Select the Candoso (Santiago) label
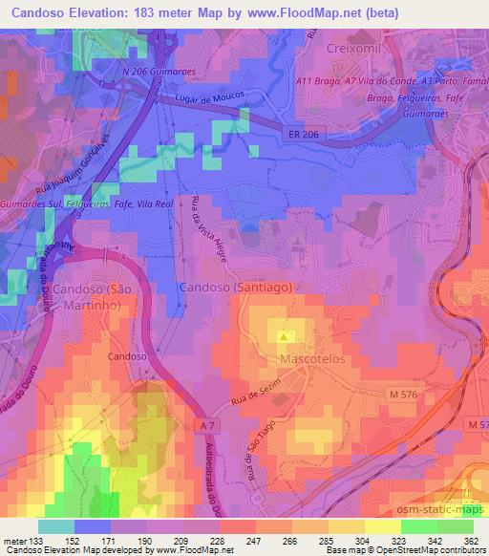point(235,287)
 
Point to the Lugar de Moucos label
point(209,98)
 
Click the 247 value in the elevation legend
point(253,541)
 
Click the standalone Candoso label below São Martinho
point(127,355)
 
